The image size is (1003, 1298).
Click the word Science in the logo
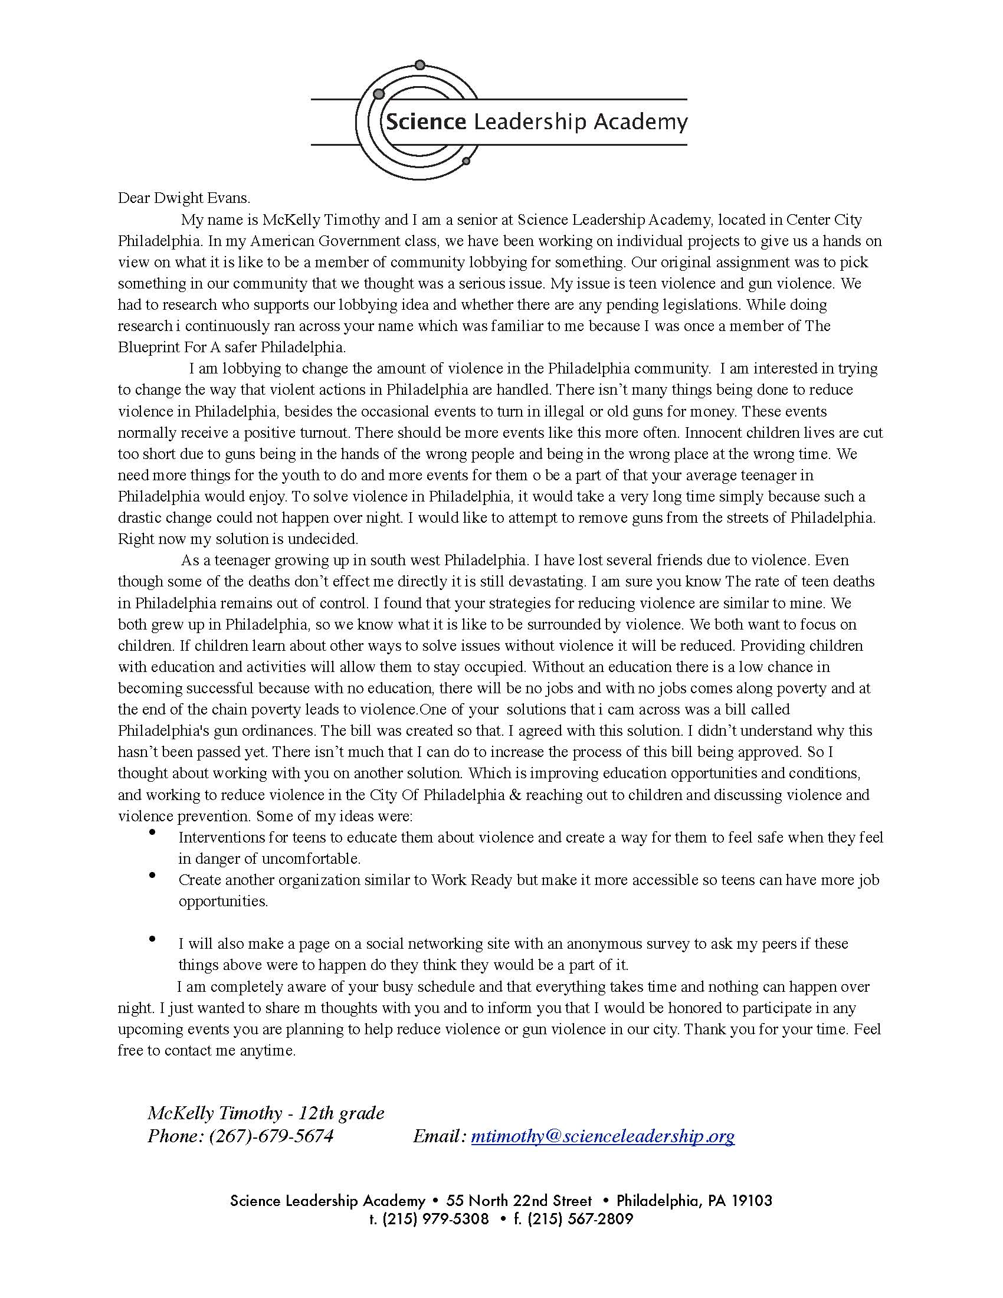pos(425,122)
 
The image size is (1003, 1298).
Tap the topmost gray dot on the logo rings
pos(420,64)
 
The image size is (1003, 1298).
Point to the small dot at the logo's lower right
pos(466,161)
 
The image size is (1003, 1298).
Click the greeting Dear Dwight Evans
pos(184,198)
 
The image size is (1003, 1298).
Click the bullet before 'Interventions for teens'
pos(153,833)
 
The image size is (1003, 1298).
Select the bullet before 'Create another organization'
pos(153,876)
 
